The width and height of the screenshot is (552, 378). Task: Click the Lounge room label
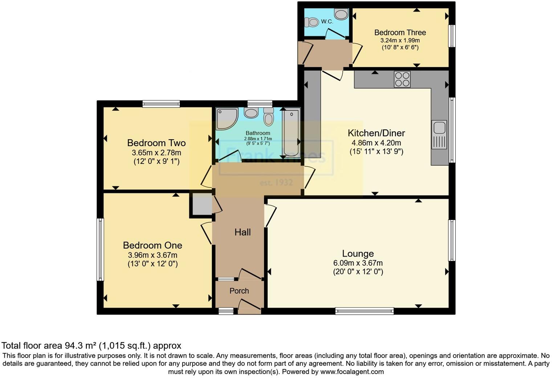point(358,254)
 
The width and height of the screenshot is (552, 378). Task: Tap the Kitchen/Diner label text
point(376,133)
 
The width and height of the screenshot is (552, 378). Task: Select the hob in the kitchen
point(402,79)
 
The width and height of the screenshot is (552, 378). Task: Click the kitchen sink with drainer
point(439,135)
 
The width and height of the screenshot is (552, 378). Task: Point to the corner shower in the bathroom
point(226,118)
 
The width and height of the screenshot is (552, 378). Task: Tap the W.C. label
point(327,22)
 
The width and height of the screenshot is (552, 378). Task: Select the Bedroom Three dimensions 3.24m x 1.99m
point(400,40)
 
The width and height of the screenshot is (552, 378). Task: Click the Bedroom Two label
point(156,143)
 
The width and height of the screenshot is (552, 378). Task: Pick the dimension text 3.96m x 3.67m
point(153,255)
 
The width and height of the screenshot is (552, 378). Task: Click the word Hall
point(243,232)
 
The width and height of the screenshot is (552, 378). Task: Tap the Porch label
point(239,291)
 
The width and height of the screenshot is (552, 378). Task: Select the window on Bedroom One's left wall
point(100,249)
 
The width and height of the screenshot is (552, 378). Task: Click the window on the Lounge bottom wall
point(364,311)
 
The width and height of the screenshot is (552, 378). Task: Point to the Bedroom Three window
point(452,36)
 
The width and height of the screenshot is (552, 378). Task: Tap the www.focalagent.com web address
point(352,372)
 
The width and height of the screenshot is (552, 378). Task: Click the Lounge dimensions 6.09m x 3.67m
point(358,263)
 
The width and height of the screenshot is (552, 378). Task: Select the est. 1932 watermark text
point(276,182)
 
